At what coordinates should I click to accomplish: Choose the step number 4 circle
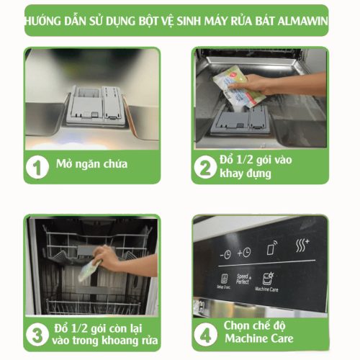pyautogui.click(x=207, y=333)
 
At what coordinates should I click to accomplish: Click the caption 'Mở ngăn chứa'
pyautogui.click(x=91, y=164)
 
